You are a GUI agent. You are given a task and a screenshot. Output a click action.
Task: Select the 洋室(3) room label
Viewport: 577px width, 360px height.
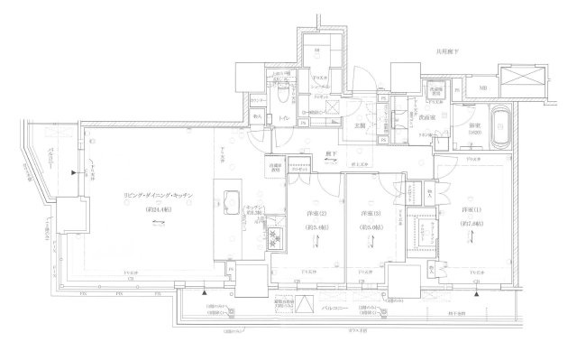coord(370,213)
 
